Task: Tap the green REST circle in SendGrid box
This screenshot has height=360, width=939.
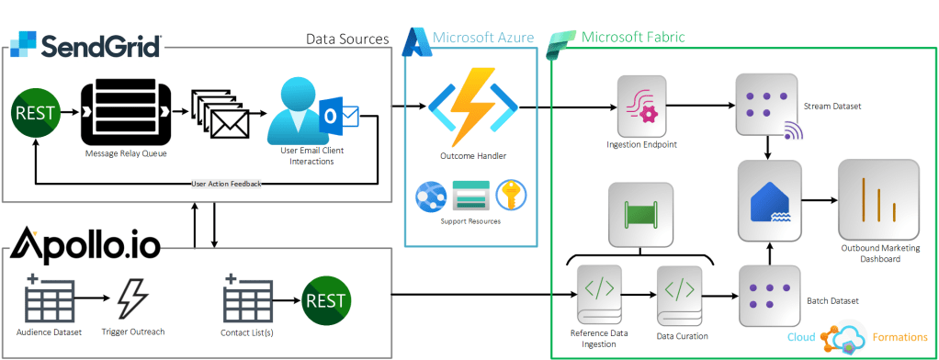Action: pos(33,114)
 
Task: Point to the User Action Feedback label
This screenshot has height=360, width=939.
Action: pos(226,184)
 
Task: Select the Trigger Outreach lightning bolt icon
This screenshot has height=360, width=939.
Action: pos(133,298)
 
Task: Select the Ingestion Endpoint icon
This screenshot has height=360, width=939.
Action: pos(640,107)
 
